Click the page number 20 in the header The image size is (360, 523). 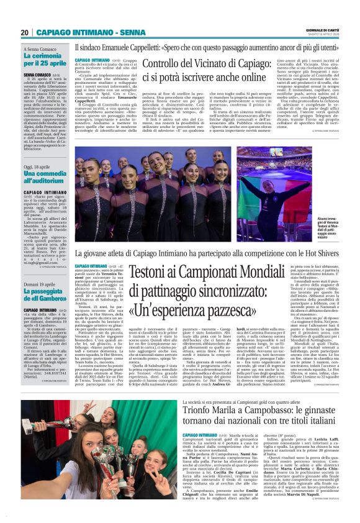click(24, 33)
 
